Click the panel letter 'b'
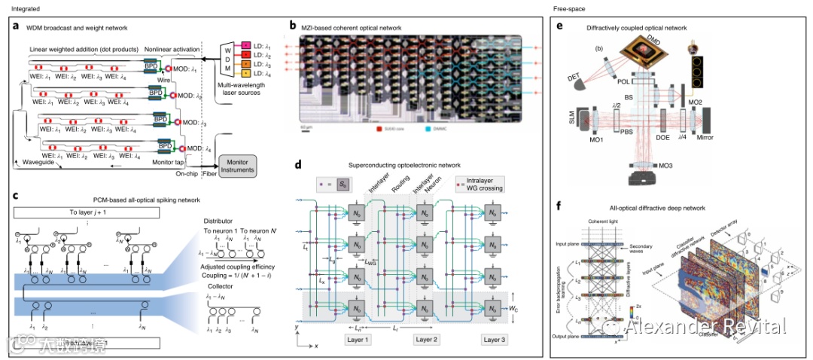tap(293, 25)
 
